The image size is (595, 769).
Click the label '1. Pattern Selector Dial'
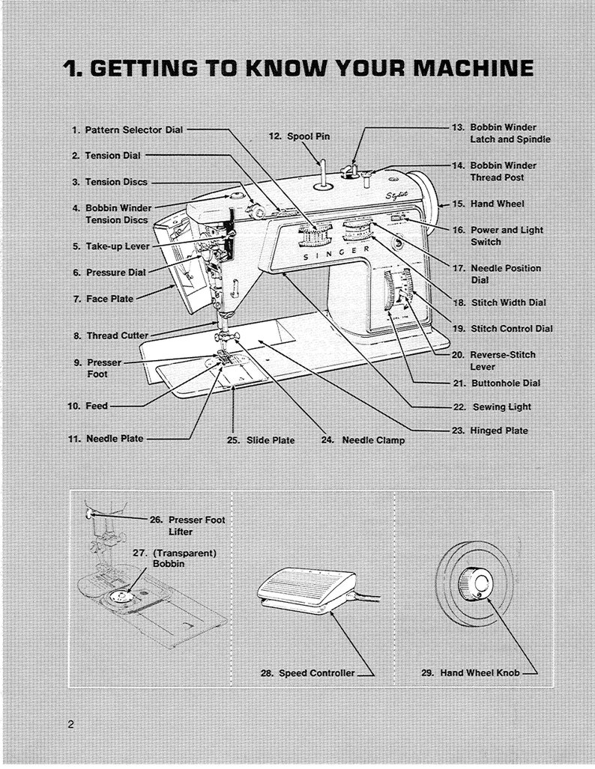pyautogui.click(x=127, y=130)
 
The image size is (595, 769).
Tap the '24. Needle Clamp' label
pyautogui.click(x=363, y=440)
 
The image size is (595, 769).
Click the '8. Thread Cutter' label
pyautogui.click(x=110, y=335)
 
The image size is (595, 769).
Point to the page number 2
pyautogui.click(x=70, y=724)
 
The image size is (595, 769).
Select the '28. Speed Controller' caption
pyautogui.click(x=308, y=673)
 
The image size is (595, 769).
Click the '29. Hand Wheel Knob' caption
pyautogui.click(x=470, y=673)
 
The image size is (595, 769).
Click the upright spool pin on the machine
pyautogui.click(x=320, y=172)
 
